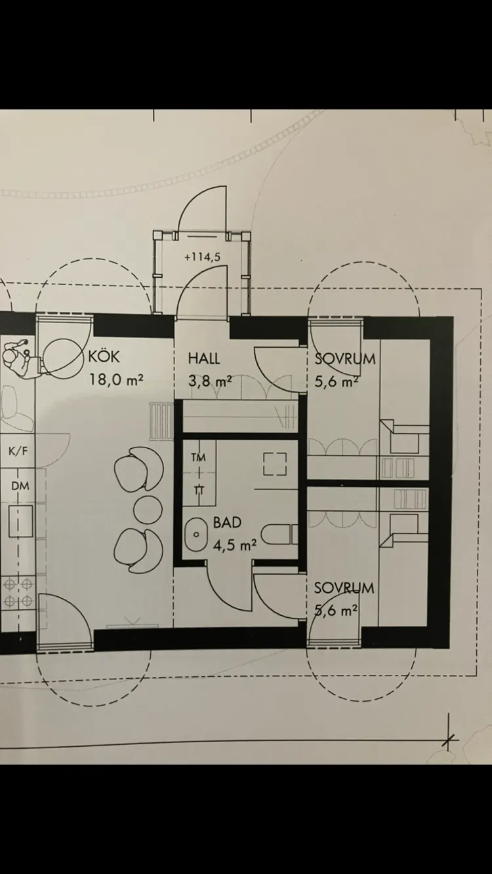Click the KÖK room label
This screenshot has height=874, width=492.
click(x=104, y=356)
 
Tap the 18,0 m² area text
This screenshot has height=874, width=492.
click(x=117, y=379)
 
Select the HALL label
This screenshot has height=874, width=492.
click(x=204, y=358)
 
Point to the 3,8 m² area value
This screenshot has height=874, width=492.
click(x=210, y=381)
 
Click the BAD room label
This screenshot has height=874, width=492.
click(x=227, y=522)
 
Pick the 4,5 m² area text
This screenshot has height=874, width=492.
click(x=234, y=544)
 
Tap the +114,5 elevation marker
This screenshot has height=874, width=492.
click(x=203, y=257)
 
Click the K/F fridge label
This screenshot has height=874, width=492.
click(x=18, y=451)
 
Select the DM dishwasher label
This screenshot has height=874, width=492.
click(x=20, y=485)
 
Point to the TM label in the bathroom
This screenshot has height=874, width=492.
click(x=199, y=457)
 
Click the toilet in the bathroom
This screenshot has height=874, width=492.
click(x=279, y=535)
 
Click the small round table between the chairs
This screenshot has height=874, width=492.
click(x=148, y=509)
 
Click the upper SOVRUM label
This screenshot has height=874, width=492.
click(x=344, y=358)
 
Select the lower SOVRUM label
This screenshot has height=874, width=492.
click(x=344, y=588)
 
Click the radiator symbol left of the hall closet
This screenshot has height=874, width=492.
click(x=161, y=422)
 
